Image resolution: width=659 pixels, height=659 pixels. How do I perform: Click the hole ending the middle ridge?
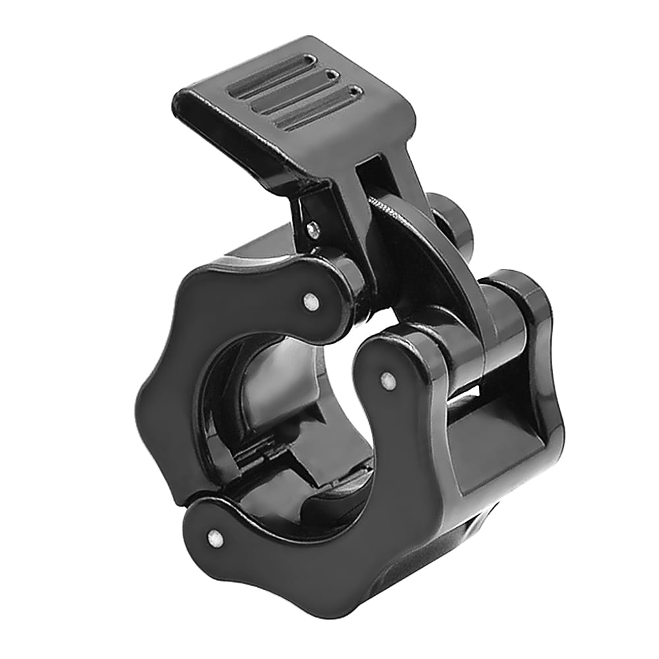click(x=343, y=75)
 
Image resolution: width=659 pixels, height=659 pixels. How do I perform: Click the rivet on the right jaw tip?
click(x=389, y=379)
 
